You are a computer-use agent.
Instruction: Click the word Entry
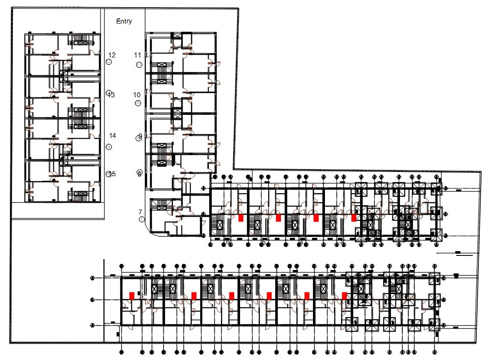pyautogui.click(x=124, y=21)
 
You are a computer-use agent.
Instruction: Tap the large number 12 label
pyautogui.click(x=112, y=55)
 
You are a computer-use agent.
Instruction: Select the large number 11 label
pyautogui.click(x=138, y=55)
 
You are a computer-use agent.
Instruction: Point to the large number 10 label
pyautogui.click(x=137, y=95)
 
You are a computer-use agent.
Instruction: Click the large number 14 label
pyautogui.click(x=112, y=135)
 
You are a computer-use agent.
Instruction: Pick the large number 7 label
pyautogui.click(x=140, y=212)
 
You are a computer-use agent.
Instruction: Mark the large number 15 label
pyautogui.click(x=112, y=174)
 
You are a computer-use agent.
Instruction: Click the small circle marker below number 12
pyautogui.click(x=109, y=62)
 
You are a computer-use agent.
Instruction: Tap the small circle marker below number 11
pyautogui.click(x=139, y=65)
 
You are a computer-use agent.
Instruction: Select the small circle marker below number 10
pyautogui.click(x=138, y=103)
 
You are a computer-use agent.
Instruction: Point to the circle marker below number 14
pyautogui.click(x=109, y=147)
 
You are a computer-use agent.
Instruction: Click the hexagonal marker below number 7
pyautogui.click(x=142, y=219)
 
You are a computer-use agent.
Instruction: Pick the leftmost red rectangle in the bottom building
pyautogui.click(x=132, y=295)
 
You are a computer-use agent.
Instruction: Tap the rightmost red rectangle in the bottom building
pyautogui.click(x=344, y=295)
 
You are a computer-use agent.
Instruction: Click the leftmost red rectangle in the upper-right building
pyautogui.click(x=241, y=218)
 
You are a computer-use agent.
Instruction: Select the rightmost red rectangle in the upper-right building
pyautogui.click(x=354, y=218)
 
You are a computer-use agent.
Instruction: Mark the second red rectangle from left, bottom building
pyautogui.click(x=194, y=295)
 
